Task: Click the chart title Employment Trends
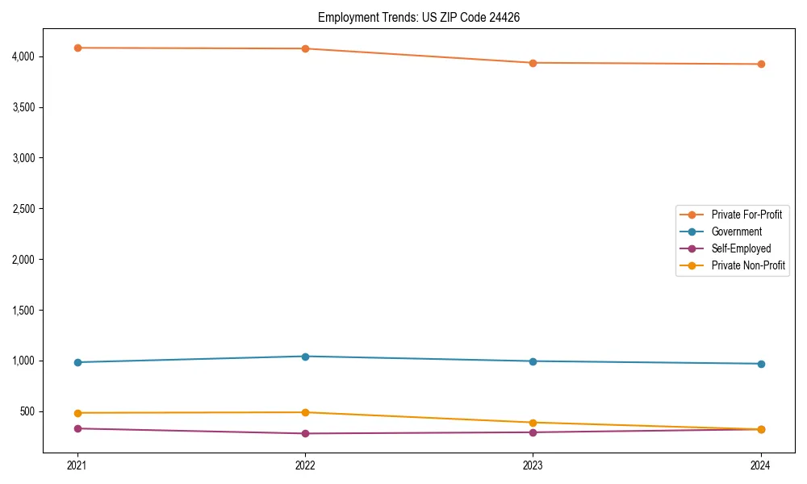[x=418, y=17]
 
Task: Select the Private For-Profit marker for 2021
[x=77, y=48]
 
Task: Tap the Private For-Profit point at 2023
[x=533, y=63]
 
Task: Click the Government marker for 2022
[x=305, y=357]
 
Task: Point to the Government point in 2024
[x=761, y=364]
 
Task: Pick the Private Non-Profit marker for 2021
[x=77, y=413]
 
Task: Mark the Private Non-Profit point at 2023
[x=533, y=423]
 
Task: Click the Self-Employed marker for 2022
[x=305, y=433]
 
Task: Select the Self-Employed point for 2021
[x=77, y=428]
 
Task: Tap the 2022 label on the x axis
[x=305, y=465]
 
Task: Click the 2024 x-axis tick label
[x=761, y=465]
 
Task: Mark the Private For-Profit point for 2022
[x=305, y=48]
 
